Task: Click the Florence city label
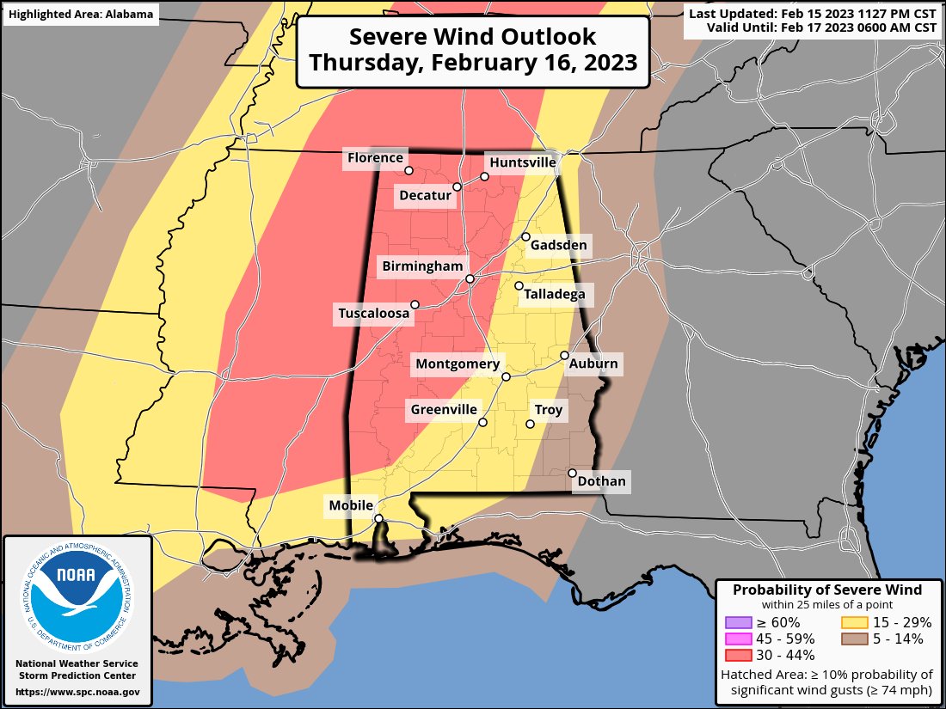pos(374,157)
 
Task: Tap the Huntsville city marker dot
pos(484,176)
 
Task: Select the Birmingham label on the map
pos(423,266)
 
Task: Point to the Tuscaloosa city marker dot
pos(415,303)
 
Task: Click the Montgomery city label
pos(457,364)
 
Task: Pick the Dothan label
pos(601,481)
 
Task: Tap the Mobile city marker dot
pos(378,518)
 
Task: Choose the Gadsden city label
pos(558,246)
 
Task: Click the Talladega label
pos(555,295)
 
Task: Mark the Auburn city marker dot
pos(564,355)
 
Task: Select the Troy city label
pos(548,410)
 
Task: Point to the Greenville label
pos(443,410)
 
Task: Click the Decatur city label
pos(425,196)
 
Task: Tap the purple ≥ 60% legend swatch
pos(739,622)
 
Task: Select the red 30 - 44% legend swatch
pos(739,655)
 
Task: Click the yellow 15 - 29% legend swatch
pos(853,622)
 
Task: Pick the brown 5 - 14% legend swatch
pos(853,639)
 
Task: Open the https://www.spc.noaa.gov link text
pos(77,692)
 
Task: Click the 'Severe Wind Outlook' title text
pos(472,37)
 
